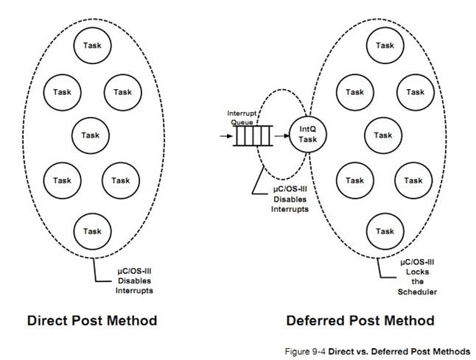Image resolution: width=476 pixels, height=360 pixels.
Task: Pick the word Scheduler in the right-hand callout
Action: pos(419,292)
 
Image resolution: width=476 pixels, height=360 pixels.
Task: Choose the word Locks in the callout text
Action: pos(419,272)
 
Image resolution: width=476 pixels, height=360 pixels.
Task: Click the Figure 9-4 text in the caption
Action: pos(304,351)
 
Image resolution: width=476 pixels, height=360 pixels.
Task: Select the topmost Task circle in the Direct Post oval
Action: pos(92,46)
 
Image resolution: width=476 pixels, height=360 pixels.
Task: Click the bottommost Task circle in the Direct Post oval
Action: pos(92,231)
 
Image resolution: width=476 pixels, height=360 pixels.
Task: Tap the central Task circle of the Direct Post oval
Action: pos(91,135)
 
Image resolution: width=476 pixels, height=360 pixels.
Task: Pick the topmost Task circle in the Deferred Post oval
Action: pos(384,46)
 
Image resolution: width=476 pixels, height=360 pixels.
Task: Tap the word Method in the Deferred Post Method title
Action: pos(407,320)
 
